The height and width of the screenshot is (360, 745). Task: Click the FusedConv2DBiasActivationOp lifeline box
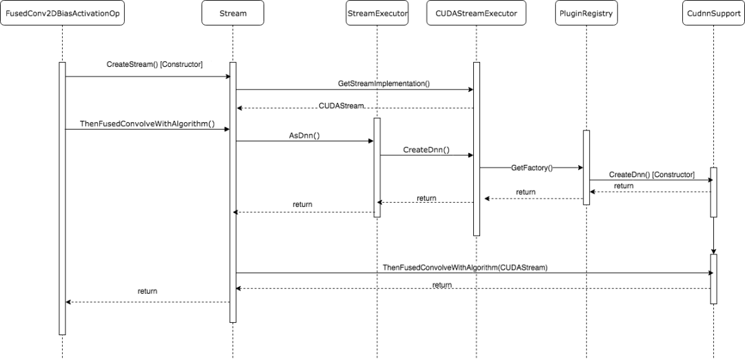62,13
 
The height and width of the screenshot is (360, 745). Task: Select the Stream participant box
233,13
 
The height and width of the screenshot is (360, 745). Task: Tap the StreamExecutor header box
377,13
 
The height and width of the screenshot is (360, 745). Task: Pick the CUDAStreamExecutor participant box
476,13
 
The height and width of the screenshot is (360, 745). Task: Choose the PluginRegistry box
586,13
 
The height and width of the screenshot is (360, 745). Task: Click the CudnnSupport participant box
713,13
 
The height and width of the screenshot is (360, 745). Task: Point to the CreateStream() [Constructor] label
155,65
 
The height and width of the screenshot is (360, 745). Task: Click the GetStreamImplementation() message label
384,83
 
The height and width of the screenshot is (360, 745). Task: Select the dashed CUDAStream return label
341,106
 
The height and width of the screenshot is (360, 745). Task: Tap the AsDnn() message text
305,135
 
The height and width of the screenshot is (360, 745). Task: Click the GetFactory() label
532,168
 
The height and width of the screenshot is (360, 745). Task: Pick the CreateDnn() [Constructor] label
652,174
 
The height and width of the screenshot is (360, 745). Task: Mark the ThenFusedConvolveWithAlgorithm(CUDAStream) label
465,268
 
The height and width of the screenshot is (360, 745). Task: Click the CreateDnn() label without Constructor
426,150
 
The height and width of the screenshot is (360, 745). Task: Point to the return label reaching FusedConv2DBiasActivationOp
148,291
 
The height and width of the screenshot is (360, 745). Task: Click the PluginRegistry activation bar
586,168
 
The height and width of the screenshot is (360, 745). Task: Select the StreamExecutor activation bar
377,168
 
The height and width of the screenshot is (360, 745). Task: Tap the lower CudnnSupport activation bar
713,279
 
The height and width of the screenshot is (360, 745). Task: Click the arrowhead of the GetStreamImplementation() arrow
470,89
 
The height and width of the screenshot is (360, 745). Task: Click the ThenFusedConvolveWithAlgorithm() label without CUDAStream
148,124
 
